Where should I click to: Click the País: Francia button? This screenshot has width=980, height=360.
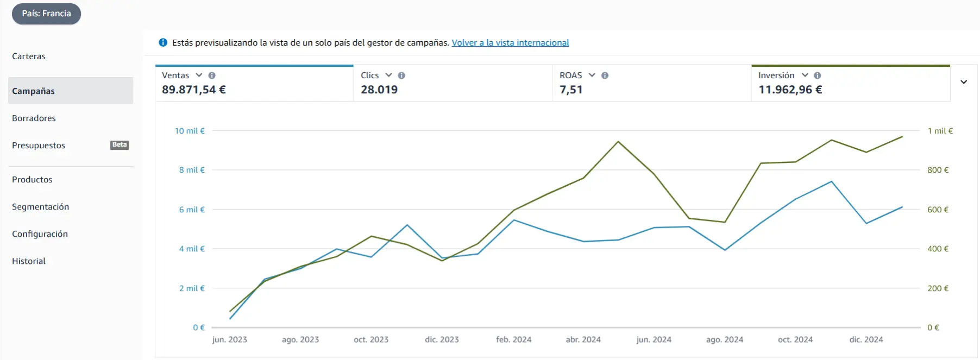point(46,14)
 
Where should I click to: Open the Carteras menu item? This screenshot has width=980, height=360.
point(29,56)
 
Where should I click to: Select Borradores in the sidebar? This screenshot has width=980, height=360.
point(34,118)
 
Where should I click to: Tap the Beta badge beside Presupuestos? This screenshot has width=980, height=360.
point(120,145)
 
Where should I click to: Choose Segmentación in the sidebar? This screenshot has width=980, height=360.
point(41,207)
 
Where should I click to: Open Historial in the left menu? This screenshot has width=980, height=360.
point(29,261)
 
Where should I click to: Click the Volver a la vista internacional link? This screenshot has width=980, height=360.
point(510,43)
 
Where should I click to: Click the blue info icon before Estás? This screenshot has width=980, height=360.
point(163,42)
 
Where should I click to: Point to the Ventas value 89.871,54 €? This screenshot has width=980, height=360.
point(194,90)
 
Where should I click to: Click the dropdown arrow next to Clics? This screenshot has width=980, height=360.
point(388,75)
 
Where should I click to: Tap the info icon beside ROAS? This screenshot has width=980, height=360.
point(605,75)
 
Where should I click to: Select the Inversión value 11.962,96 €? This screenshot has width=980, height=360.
point(790,90)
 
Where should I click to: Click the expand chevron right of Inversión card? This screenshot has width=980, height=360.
point(964,82)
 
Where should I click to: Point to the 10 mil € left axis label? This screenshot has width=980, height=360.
point(190,131)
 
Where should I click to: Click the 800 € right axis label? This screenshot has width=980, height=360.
point(938,170)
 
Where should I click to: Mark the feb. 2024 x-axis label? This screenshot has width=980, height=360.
point(513,339)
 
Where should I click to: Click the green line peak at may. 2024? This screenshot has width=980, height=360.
point(618,142)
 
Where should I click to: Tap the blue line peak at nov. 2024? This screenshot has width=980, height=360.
point(831,181)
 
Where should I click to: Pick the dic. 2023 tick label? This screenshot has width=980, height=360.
point(442,339)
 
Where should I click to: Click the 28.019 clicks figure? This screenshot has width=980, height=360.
point(379,90)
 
